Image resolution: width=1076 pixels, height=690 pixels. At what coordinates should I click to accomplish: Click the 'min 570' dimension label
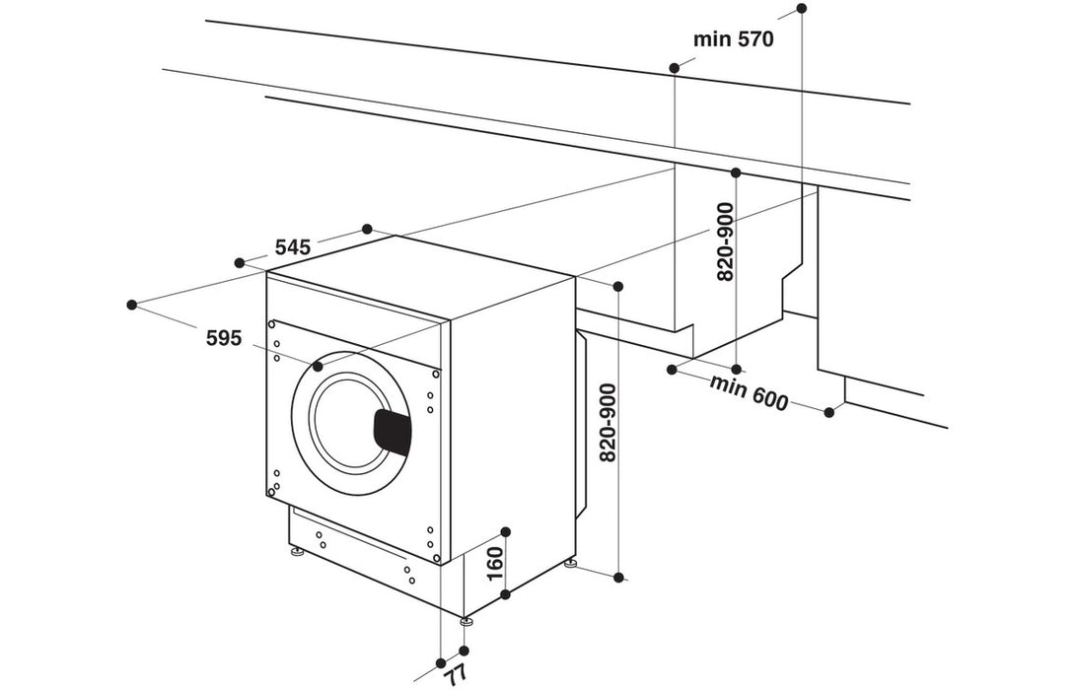(x=733, y=39)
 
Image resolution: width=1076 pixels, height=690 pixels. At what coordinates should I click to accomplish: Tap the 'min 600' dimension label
(x=750, y=392)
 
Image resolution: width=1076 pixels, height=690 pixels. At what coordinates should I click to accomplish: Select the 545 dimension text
(x=293, y=246)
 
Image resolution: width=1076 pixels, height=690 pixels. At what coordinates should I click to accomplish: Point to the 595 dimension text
(x=224, y=338)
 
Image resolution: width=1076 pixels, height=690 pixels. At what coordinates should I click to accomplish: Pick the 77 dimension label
(x=456, y=675)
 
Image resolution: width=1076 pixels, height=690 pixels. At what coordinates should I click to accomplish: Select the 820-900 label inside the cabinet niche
(x=725, y=242)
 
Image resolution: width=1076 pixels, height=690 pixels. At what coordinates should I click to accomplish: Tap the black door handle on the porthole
(x=392, y=432)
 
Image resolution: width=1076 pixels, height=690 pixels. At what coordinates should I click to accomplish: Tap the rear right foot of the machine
(x=570, y=564)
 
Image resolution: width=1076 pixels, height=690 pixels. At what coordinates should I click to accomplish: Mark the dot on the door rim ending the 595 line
(x=318, y=366)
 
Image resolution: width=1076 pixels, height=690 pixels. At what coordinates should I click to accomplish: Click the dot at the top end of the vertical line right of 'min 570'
(x=801, y=8)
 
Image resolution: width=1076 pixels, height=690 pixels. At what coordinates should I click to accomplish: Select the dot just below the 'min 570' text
(x=675, y=68)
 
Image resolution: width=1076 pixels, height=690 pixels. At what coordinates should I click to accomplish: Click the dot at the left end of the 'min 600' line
(x=672, y=370)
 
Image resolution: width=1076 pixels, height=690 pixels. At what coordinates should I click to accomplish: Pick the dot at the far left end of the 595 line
(x=132, y=304)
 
